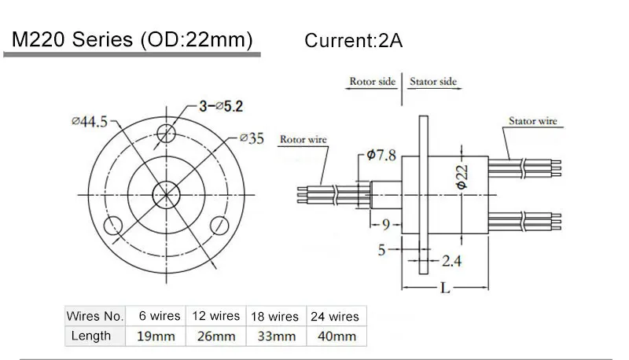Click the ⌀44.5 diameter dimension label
pos(90,122)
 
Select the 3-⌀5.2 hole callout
pos(221,106)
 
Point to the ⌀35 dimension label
pos(252,138)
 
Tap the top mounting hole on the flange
pos(166,133)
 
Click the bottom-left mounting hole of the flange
pos(112,226)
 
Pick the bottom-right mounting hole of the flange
pos(219,226)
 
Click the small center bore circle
pos(166,195)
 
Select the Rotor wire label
pos(303,139)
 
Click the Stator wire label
pos(533,121)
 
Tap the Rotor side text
pos(372,82)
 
